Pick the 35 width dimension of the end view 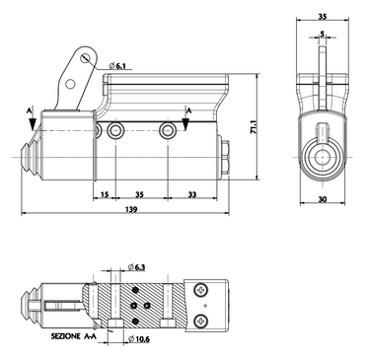(322, 17)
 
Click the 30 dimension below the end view (322, 201)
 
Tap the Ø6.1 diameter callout (118, 66)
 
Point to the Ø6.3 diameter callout (137, 266)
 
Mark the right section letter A (185, 109)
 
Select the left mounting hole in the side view (116, 131)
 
